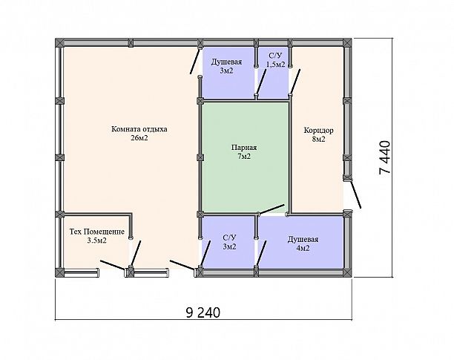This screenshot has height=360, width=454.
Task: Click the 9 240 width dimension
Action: tap(203, 312)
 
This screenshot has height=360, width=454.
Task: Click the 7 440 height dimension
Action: tap(385, 157)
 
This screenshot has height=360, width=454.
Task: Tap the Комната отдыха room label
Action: tap(139, 129)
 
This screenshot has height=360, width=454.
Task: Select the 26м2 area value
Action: tap(139, 138)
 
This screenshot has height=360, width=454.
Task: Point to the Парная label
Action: tap(244, 148)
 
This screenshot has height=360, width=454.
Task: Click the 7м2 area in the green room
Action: tap(244, 157)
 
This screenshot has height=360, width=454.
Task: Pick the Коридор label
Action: tap(318, 131)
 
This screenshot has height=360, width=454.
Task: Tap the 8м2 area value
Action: tap(318, 140)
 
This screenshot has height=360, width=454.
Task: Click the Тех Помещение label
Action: tap(97, 232)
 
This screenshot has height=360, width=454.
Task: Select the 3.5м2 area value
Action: tap(97, 240)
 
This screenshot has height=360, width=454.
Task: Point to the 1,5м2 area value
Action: tap(276, 65)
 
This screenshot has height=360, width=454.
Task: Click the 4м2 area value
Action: tap(303, 248)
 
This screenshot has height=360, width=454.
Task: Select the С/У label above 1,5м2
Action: tap(276, 56)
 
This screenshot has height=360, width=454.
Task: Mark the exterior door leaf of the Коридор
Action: tap(355, 194)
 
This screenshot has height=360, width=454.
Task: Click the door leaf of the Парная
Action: tap(272, 209)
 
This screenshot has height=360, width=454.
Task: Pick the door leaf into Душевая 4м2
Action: tap(261, 253)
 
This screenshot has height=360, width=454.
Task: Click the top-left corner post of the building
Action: tap(59, 42)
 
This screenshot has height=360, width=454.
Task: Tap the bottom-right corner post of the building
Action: tap(347, 272)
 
